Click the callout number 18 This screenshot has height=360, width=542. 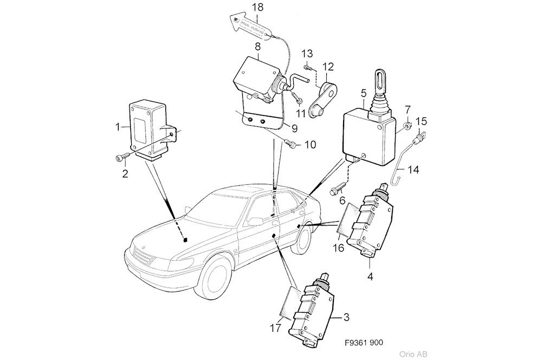(x=258, y=8)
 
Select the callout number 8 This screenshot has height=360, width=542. (x=257, y=47)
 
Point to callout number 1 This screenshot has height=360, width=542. (x=117, y=127)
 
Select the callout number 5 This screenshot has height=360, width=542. (x=364, y=92)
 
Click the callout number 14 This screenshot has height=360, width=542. (x=414, y=170)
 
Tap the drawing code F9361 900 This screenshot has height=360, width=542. (x=364, y=343)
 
